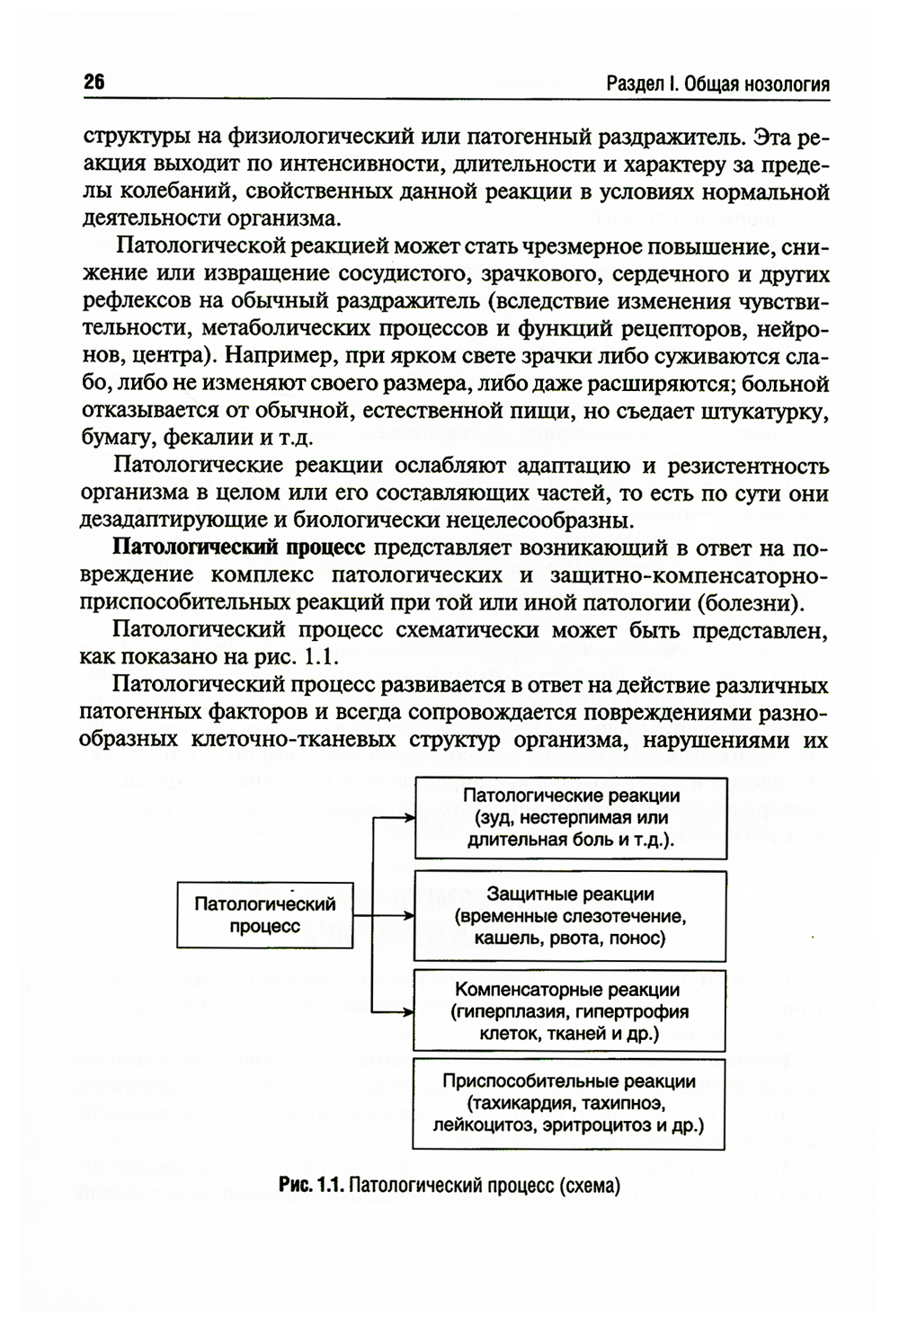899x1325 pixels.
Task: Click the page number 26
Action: (94, 83)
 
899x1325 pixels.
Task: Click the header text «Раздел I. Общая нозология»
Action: (717, 84)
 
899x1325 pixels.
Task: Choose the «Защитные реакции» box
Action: (570, 916)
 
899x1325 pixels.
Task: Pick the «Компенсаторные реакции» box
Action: (570, 1011)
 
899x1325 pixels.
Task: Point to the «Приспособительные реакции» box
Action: (568, 1103)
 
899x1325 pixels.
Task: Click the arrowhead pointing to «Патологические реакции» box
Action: (408, 819)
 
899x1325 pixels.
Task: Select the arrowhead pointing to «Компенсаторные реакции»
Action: (408, 1011)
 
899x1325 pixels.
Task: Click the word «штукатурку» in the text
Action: (771, 413)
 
